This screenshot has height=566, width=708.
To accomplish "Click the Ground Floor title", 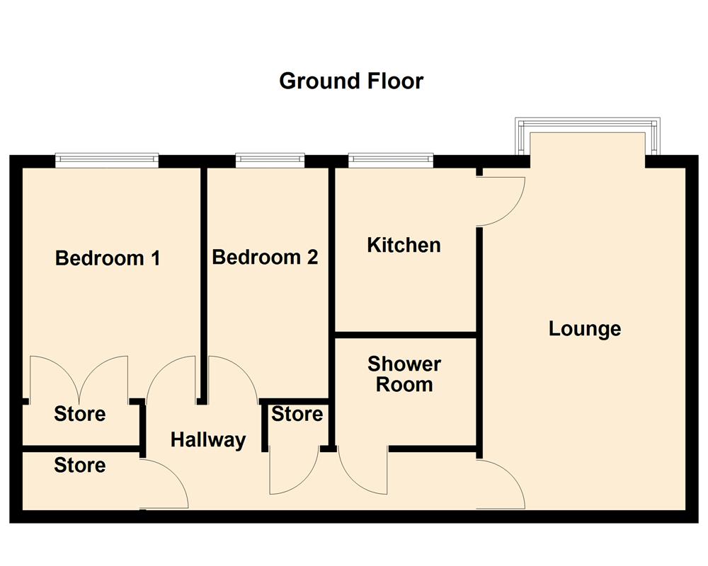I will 351,81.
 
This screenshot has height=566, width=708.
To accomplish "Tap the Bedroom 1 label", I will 108,258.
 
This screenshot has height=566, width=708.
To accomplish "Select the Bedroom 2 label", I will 265,257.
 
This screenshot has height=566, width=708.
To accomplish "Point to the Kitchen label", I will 404,245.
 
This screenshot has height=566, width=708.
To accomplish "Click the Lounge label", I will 585,328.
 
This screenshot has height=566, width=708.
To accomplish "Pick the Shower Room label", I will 404,374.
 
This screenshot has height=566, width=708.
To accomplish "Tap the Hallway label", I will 208,439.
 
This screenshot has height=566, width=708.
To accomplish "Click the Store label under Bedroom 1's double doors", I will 79,414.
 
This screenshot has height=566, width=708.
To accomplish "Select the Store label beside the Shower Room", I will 297,414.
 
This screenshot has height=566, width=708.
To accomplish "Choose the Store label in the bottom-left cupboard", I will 79,465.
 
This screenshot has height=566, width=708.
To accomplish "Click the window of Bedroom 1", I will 107,161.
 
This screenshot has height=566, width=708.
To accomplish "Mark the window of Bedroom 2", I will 270,161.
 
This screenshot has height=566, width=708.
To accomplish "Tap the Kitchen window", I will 390,161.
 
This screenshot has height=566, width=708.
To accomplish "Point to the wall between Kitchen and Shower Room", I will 404,333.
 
